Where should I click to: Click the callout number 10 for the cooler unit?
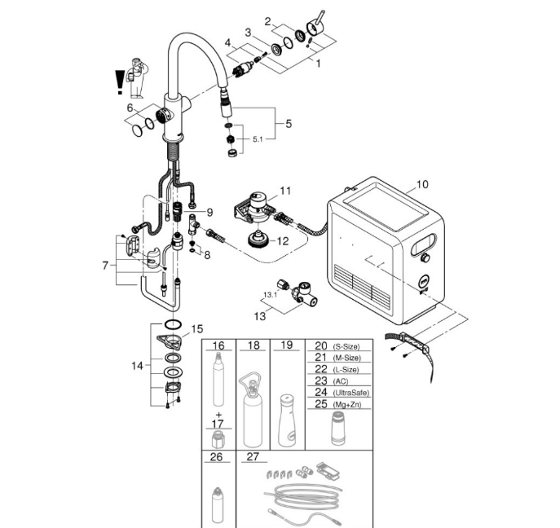pos(422,184)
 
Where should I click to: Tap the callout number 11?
pos(285,191)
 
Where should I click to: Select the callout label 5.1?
pos(258,139)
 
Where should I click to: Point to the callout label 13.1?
pos(271,295)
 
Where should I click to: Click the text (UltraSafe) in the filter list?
pos(351,393)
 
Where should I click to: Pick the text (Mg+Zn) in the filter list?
pos(346,405)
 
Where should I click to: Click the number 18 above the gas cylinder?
pos(254,345)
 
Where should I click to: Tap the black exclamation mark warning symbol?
pos(120,82)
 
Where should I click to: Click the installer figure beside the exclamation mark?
pos(137,77)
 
